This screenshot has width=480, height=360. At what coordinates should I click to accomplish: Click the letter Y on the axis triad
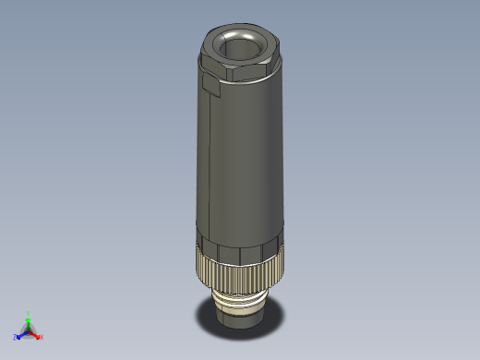29,312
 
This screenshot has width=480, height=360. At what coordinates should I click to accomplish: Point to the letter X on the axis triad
42,338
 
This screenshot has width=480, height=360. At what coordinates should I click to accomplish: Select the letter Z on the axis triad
15,338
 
